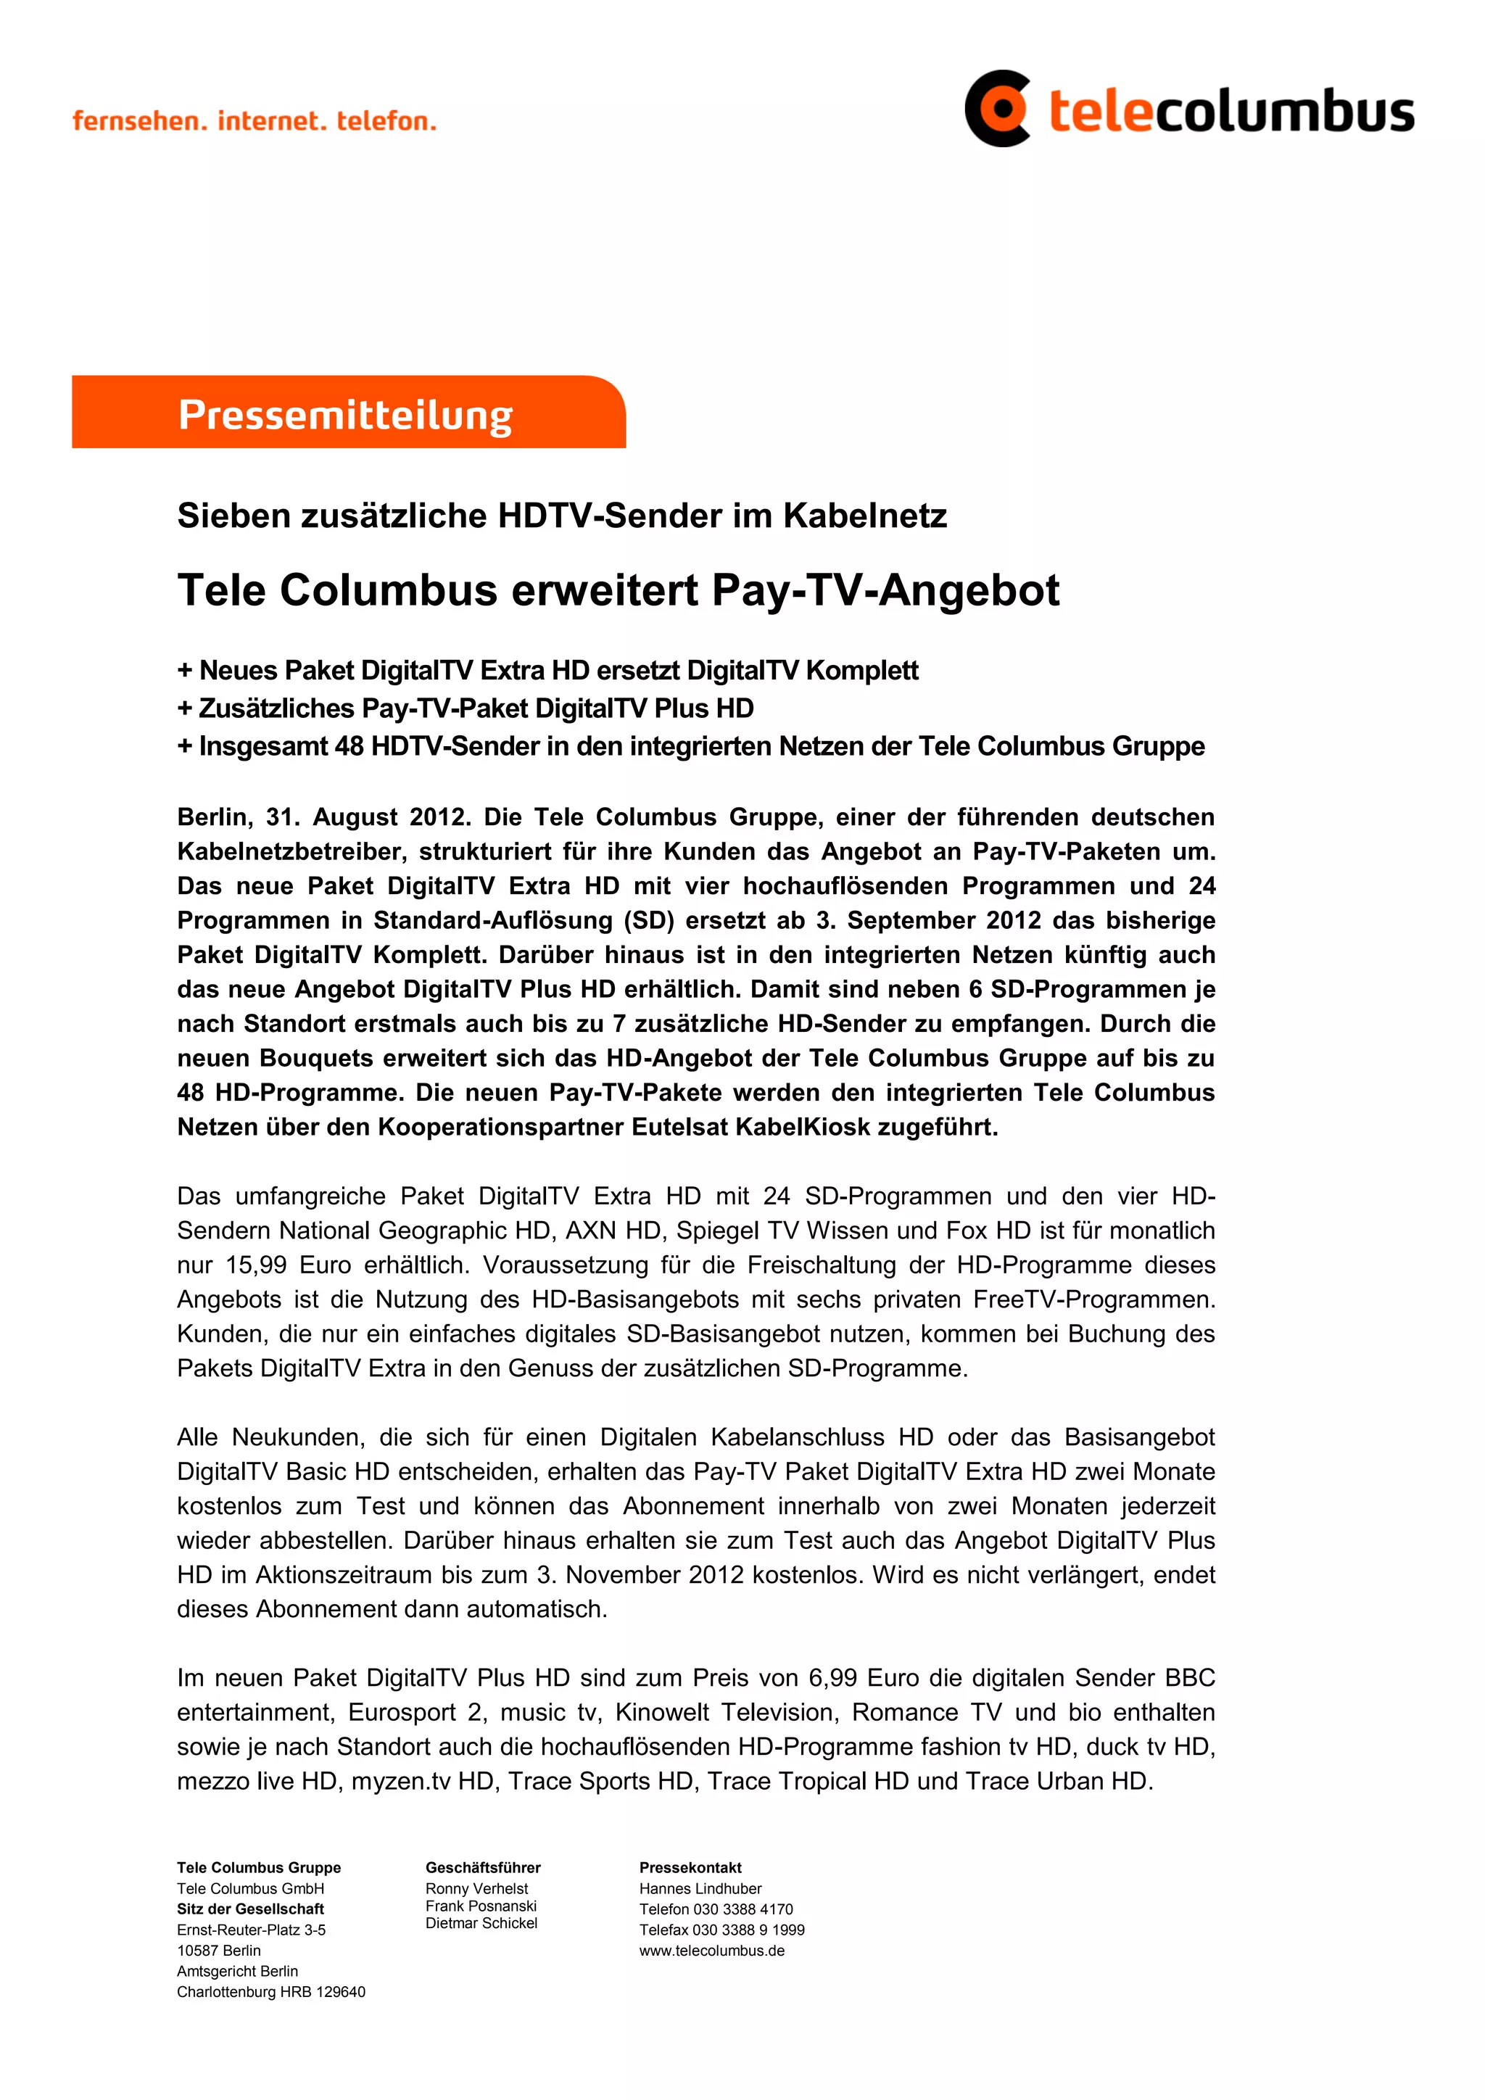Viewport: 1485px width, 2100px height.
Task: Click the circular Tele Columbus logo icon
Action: pyautogui.click(x=998, y=108)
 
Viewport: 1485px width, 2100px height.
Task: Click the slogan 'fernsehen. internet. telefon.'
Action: pyautogui.click(x=255, y=120)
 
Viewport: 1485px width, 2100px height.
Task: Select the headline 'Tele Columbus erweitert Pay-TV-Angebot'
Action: pyautogui.click(x=618, y=590)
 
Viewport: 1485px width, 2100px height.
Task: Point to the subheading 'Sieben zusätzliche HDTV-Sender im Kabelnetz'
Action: pyautogui.click(x=561, y=516)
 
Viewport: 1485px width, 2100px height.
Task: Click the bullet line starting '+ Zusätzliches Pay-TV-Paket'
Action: pyautogui.click(x=466, y=708)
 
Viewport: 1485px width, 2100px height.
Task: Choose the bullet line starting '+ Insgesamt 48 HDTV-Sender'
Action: pyautogui.click(x=690, y=746)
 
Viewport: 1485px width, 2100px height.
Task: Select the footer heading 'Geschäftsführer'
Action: pyautogui.click(x=483, y=1868)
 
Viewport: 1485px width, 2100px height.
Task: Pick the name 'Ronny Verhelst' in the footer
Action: pyautogui.click(x=476, y=1889)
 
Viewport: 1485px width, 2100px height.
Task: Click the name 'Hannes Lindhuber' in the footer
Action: pyautogui.click(x=700, y=1889)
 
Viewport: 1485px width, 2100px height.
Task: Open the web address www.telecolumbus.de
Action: pyautogui.click(x=711, y=1950)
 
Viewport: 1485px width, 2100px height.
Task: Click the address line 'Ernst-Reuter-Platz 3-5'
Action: pyautogui.click(x=252, y=1930)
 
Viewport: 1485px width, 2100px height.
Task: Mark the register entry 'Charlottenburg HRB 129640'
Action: pyautogui.click(x=270, y=1992)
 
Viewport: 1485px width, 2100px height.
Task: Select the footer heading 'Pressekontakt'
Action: pyautogui.click(x=690, y=1868)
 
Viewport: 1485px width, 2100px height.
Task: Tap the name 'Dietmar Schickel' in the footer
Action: pyautogui.click(x=481, y=1924)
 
